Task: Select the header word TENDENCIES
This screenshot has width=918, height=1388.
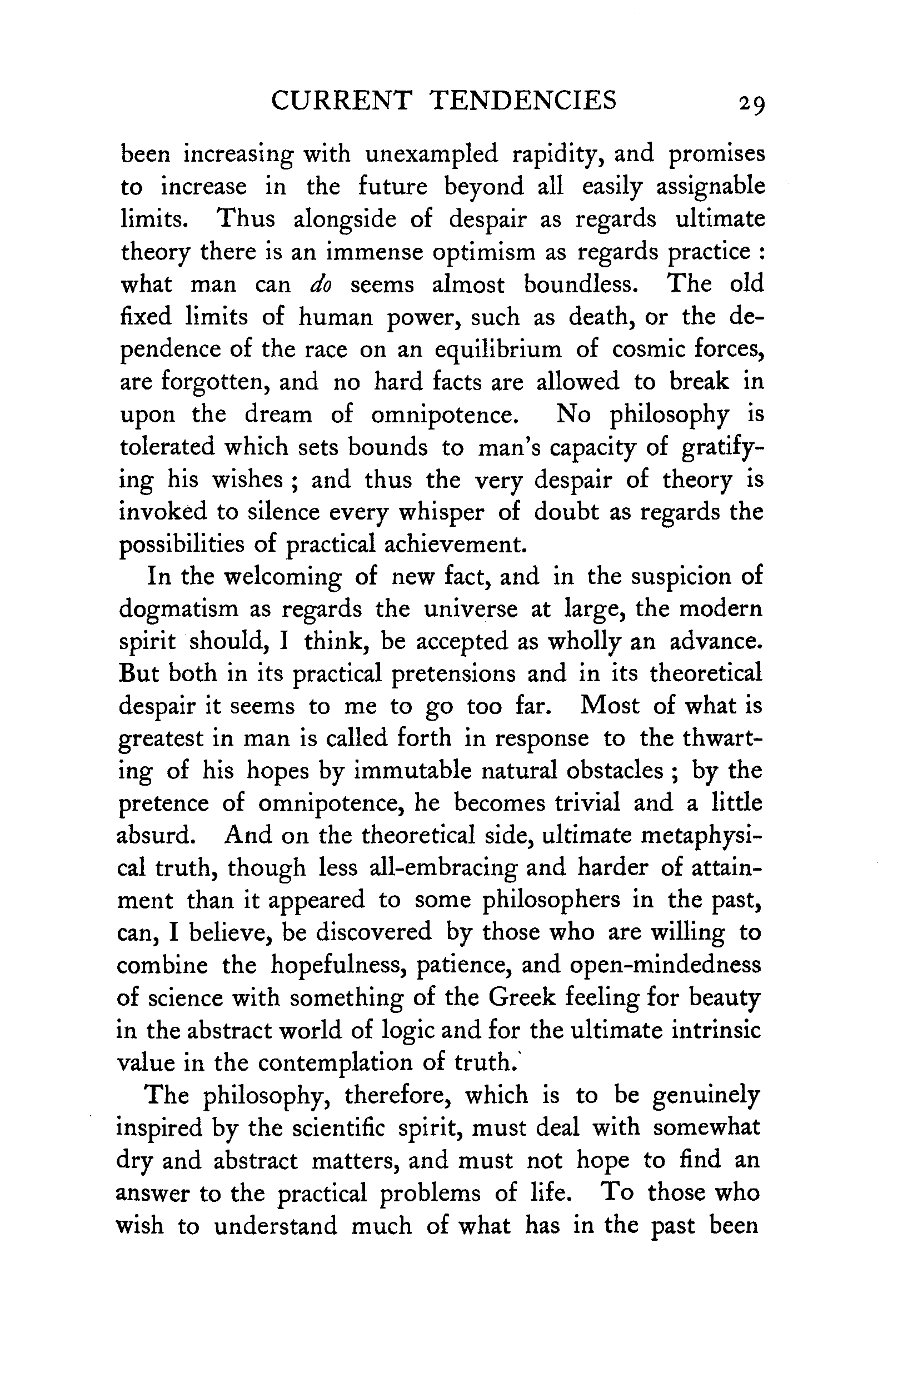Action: pos(524,100)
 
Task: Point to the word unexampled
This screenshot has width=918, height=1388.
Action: pos(431,154)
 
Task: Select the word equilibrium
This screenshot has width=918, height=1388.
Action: pos(498,350)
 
